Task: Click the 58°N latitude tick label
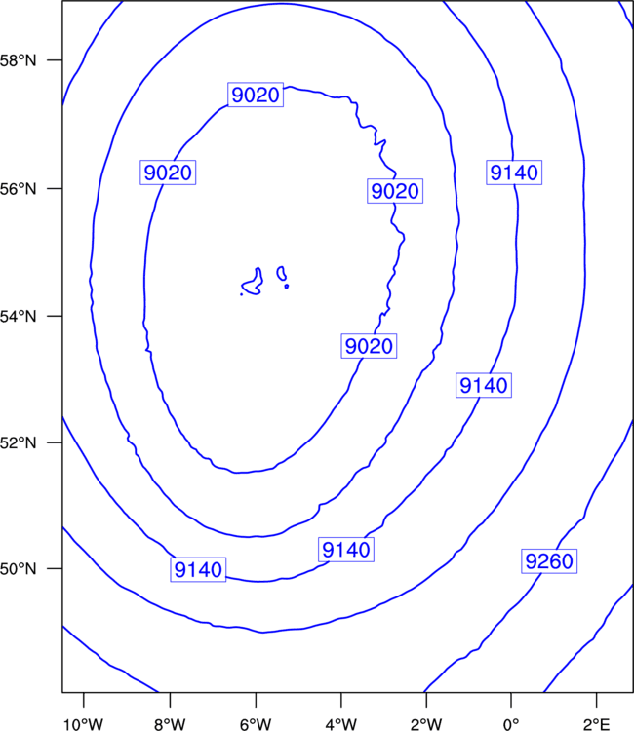(x=18, y=60)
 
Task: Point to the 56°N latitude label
(x=18, y=189)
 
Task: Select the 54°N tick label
(x=18, y=317)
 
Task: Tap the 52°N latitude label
(x=18, y=442)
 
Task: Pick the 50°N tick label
(x=18, y=569)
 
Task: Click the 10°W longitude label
(x=84, y=724)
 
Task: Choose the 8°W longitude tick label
(x=170, y=724)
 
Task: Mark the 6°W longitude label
(x=256, y=724)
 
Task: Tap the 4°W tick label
(x=341, y=724)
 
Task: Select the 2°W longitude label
(x=426, y=724)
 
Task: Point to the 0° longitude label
(x=511, y=724)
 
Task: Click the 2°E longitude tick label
(x=596, y=724)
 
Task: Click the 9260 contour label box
(x=549, y=560)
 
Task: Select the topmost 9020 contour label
(x=256, y=95)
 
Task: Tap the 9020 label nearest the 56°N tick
(x=168, y=173)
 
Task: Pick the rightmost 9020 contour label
(x=395, y=191)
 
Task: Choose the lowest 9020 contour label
(x=369, y=346)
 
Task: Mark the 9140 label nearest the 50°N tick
(x=198, y=569)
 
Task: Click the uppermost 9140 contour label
(x=514, y=173)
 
